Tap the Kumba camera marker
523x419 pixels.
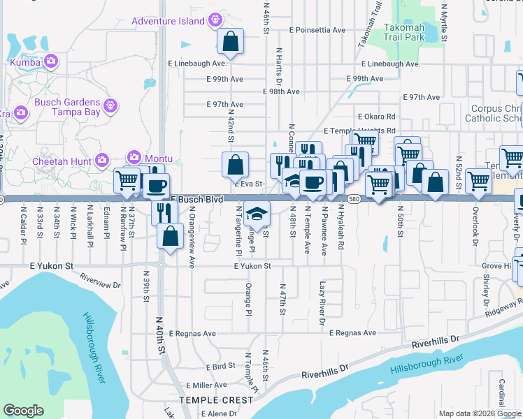click(50, 62)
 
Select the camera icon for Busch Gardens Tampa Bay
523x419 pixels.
click(109, 106)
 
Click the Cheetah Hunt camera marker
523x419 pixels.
click(102, 160)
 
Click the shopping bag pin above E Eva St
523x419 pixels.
click(236, 166)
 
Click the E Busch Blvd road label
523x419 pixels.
click(196, 200)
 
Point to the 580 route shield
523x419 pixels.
click(354, 199)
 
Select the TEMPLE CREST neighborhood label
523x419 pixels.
click(216, 400)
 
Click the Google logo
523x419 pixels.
click(23, 411)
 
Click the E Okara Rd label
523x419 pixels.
click(376, 117)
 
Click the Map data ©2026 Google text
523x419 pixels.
click(479, 413)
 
